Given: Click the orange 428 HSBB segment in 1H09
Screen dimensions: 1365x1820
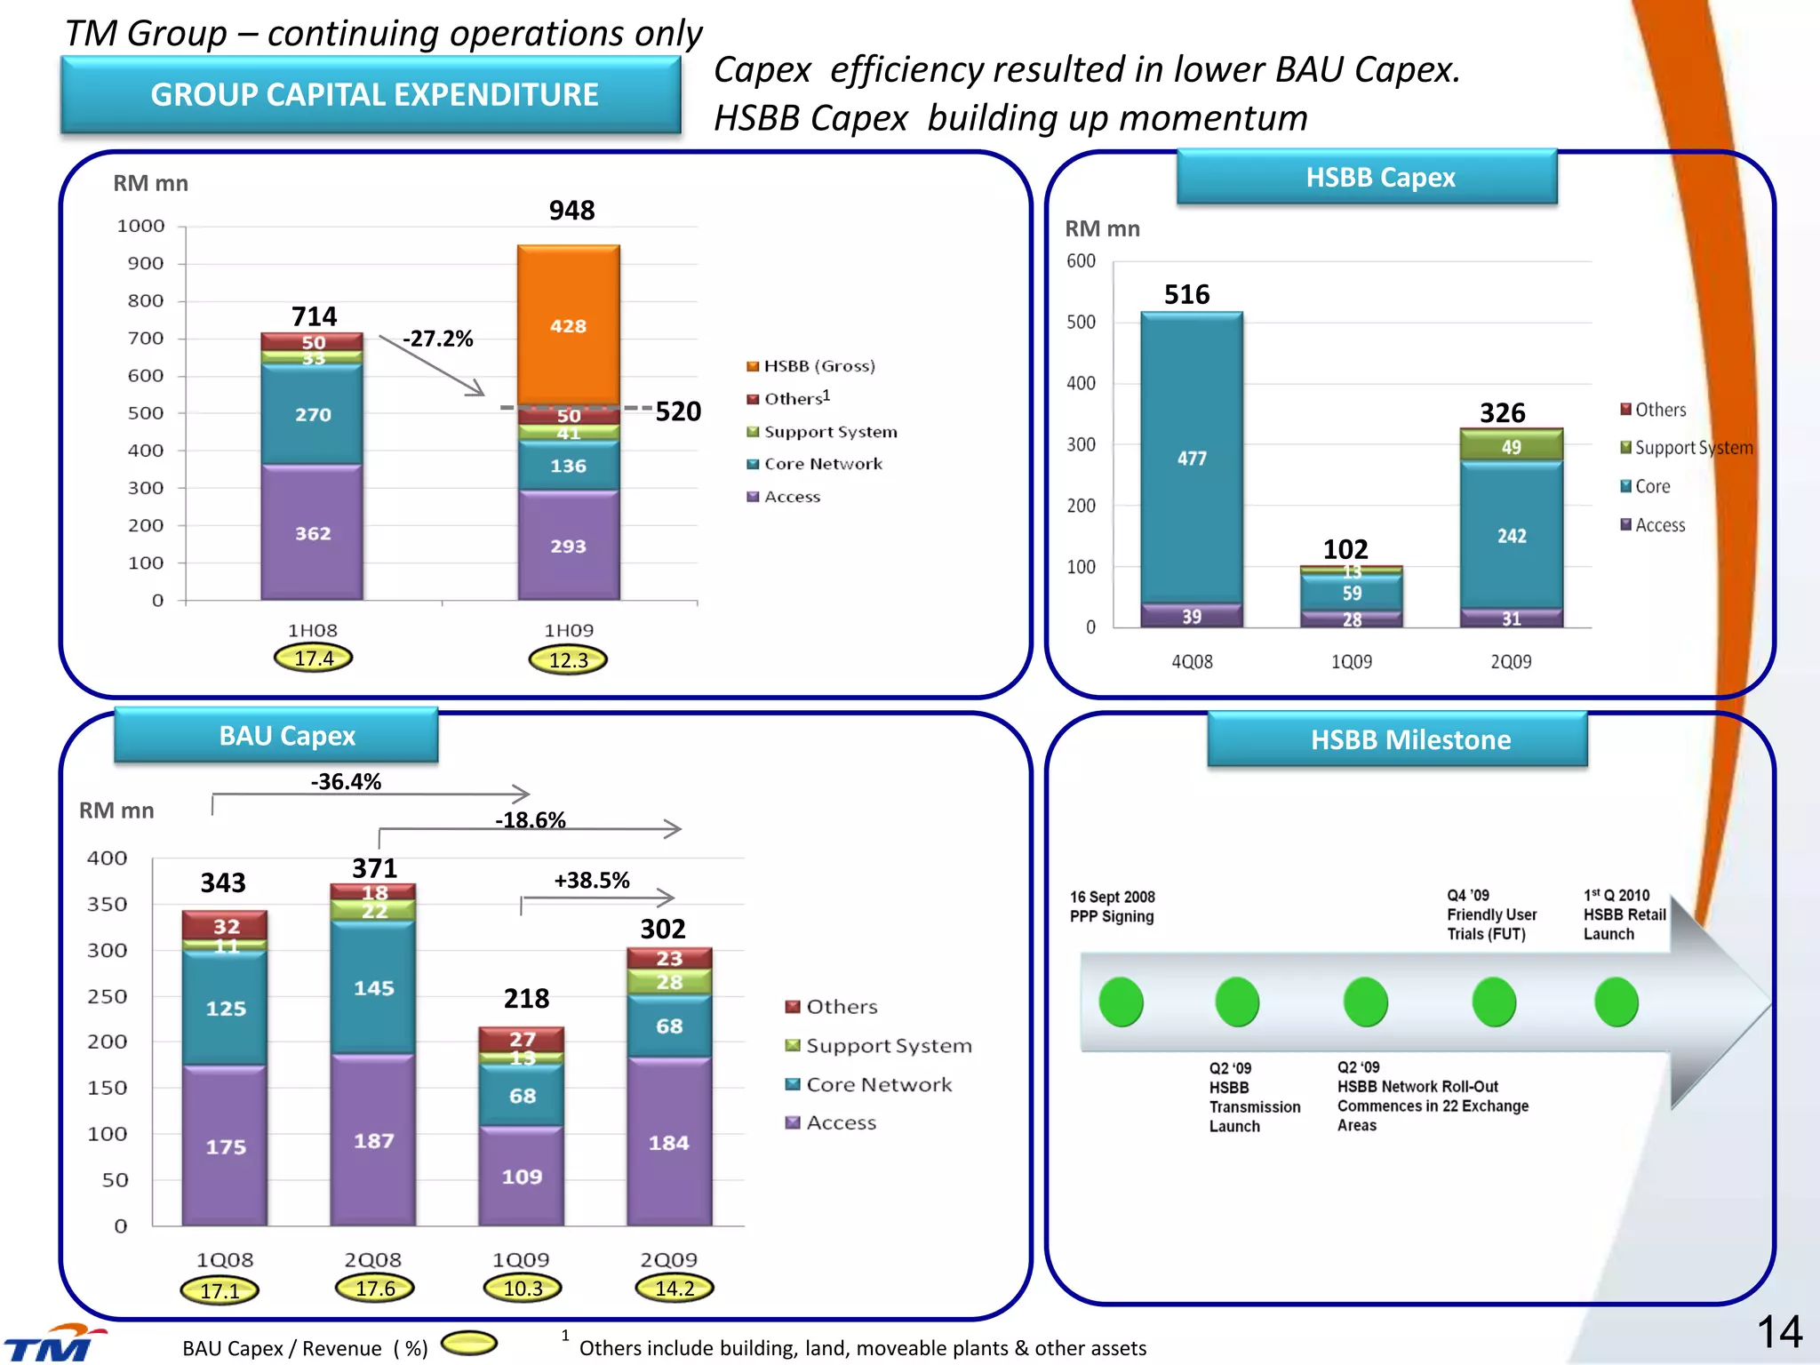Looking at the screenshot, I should [569, 325].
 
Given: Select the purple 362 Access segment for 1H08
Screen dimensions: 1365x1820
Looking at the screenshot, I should [312, 532].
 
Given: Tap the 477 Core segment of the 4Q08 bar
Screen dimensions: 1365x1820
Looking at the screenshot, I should [1192, 458].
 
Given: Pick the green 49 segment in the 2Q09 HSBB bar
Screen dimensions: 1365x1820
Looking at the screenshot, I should [1511, 446].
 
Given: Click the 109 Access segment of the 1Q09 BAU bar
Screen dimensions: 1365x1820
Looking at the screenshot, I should [522, 1176].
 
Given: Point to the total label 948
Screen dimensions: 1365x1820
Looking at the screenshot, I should [571, 211].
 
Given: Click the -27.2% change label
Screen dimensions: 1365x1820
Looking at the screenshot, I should [437, 339].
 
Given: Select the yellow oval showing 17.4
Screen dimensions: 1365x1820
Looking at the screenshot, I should [313, 659].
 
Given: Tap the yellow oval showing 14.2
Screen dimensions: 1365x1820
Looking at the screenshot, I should [675, 1288].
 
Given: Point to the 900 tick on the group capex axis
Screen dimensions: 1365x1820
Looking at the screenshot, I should [146, 263].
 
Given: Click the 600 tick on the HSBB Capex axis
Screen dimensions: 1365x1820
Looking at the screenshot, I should [1081, 261].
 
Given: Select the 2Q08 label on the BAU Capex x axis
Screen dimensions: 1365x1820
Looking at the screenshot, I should [373, 1259].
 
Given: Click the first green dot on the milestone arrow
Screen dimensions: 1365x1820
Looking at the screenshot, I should [1121, 1002].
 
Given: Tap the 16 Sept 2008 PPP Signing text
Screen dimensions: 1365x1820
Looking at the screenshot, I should [1112, 906].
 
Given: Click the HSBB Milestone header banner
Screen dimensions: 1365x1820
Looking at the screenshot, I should [1410, 739].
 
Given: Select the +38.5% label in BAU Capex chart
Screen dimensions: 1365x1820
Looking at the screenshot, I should [591, 881].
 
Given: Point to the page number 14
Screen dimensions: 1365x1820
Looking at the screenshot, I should [1779, 1332].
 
